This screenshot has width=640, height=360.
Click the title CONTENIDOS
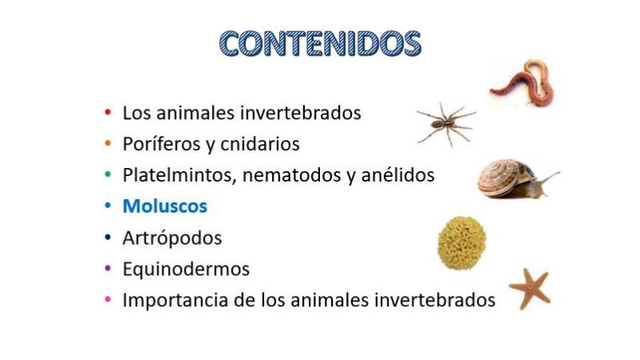(x=320, y=43)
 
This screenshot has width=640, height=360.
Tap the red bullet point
(x=108, y=112)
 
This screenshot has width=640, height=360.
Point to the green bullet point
(x=108, y=174)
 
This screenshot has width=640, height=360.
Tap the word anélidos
(x=398, y=174)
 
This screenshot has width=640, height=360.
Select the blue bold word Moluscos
(x=165, y=206)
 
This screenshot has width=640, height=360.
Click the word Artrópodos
(x=172, y=238)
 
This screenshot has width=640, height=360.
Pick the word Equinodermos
(x=186, y=270)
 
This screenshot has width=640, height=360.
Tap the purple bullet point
(x=108, y=268)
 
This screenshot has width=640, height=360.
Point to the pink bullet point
(x=108, y=299)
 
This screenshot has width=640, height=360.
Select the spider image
(x=446, y=123)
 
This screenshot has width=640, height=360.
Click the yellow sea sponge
(x=462, y=243)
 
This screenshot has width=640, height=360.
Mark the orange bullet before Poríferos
(x=108, y=143)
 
